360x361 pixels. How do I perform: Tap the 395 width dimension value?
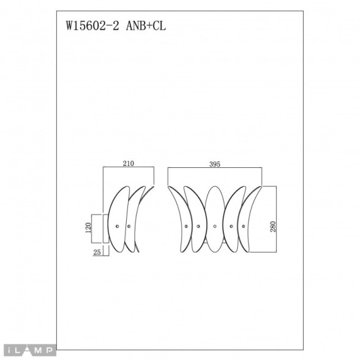[x=214, y=164]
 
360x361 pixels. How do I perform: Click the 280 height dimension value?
[x=273, y=227]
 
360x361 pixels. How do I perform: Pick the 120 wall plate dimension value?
[x=88, y=228]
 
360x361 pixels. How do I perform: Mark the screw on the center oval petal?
[x=214, y=227]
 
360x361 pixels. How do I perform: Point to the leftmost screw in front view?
[x=184, y=227]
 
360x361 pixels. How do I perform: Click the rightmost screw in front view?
[x=244, y=227]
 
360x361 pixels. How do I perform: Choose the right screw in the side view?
[x=129, y=227]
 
